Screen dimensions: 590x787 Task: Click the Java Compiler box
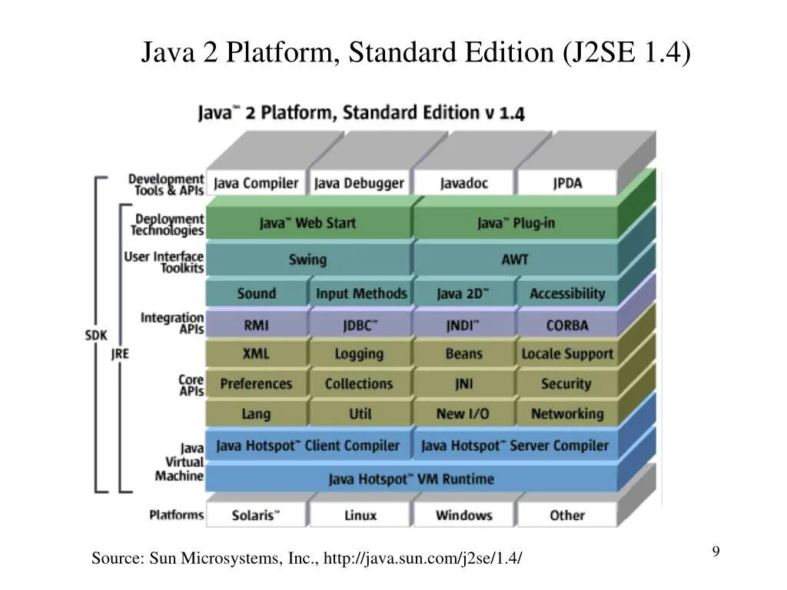click(x=256, y=183)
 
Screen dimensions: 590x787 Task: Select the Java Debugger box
click(x=359, y=183)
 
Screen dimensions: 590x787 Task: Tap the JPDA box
click(x=567, y=183)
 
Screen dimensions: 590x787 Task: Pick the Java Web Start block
click(x=307, y=223)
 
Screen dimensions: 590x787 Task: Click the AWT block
click(x=515, y=259)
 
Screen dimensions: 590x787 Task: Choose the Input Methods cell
click(x=360, y=293)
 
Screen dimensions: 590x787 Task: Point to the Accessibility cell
click(x=567, y=293)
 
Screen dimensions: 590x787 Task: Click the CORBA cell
click(x=567, y=325)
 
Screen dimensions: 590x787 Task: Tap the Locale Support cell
click(x=567, y=353)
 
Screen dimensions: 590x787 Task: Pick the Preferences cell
click(x=256, y=383)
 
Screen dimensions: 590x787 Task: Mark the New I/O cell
click(x=463, y=413)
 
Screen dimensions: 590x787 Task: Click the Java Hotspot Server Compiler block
click(x=515, y=446)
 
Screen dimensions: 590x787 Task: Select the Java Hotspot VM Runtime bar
click(x=411, y=479)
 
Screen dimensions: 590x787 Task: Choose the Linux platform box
click(x=360, y=515)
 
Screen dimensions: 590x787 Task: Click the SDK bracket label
click(x=96, y=335)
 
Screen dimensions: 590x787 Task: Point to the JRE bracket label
click(x=120, y=353)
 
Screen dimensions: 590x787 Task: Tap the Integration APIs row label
click(x=172, y=323)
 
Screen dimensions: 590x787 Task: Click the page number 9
click(x=716, y=552)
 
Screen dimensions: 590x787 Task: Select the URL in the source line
click(x=423, y=559)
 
